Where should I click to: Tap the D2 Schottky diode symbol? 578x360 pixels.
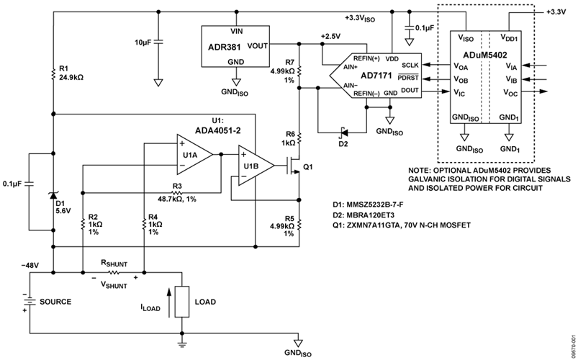click(x=343, y=130)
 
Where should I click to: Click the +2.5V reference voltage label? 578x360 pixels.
click(x=322, y=34)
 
